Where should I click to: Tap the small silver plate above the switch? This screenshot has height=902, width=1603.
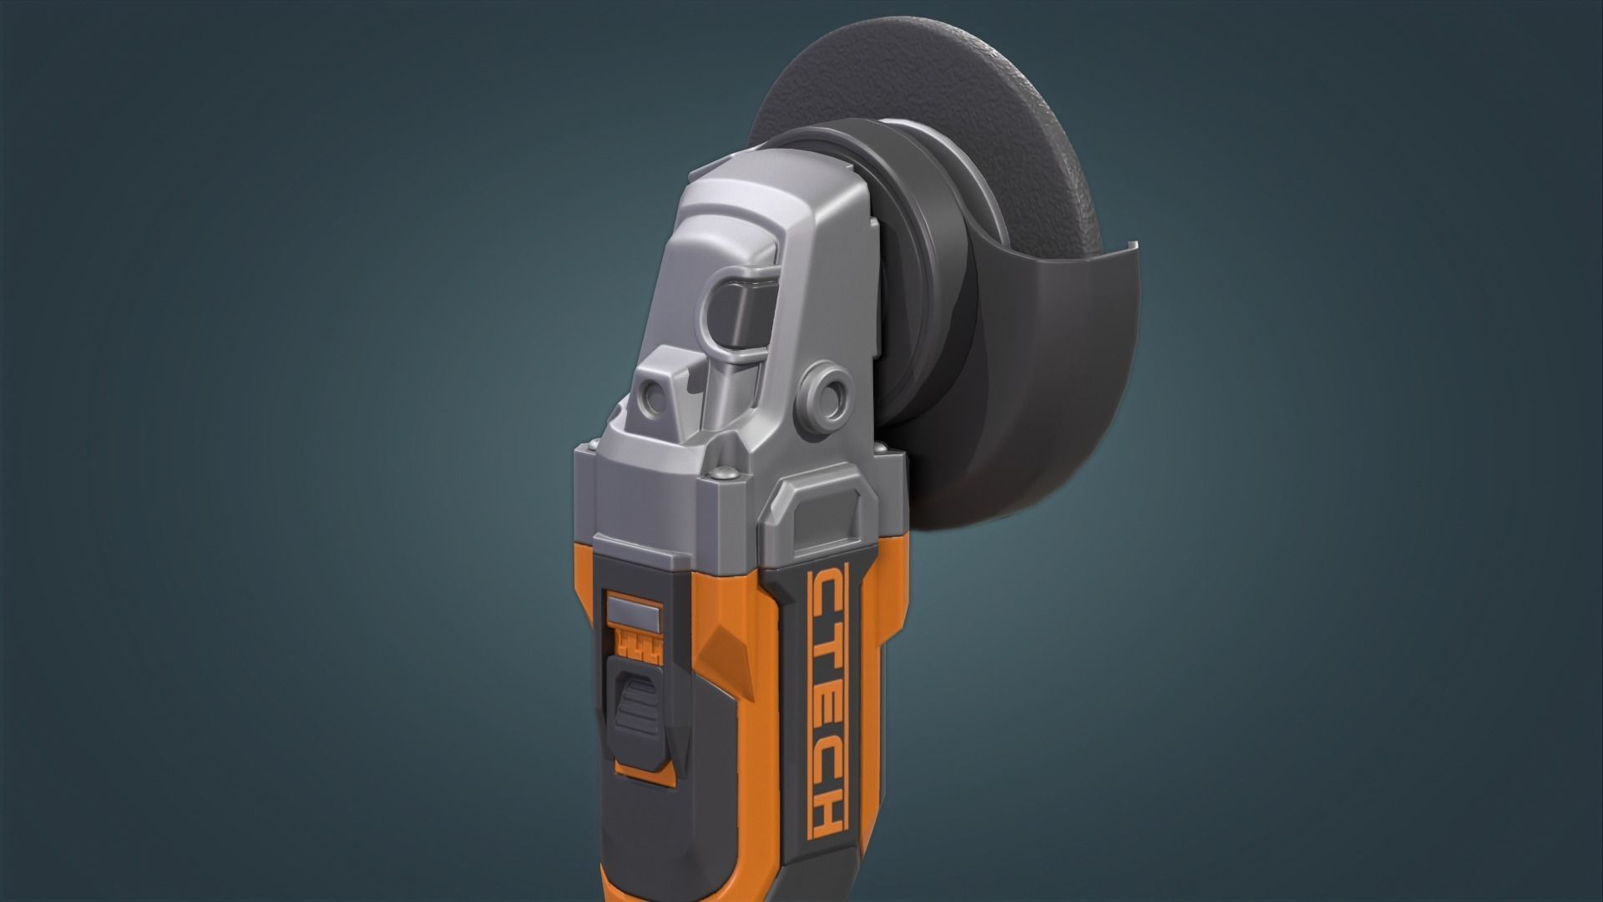[633, 609]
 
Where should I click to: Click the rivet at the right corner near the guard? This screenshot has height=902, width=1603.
[883, 451]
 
